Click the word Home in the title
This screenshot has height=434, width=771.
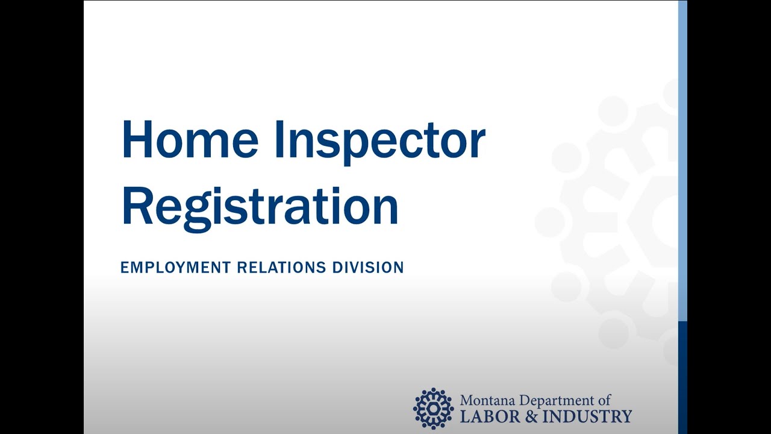click(190, 140)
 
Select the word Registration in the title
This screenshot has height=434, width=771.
click(260, 207)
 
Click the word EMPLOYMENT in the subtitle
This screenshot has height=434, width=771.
click(175, 267)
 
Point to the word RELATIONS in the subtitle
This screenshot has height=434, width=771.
click(282, 267)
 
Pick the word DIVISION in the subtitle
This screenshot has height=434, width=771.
click(368, 267)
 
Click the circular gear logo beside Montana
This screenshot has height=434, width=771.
click(433, 408)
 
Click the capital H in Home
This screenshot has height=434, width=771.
click(136, 140)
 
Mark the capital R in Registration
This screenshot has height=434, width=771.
click(136, 206)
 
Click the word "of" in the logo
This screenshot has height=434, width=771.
click(605, 400)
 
